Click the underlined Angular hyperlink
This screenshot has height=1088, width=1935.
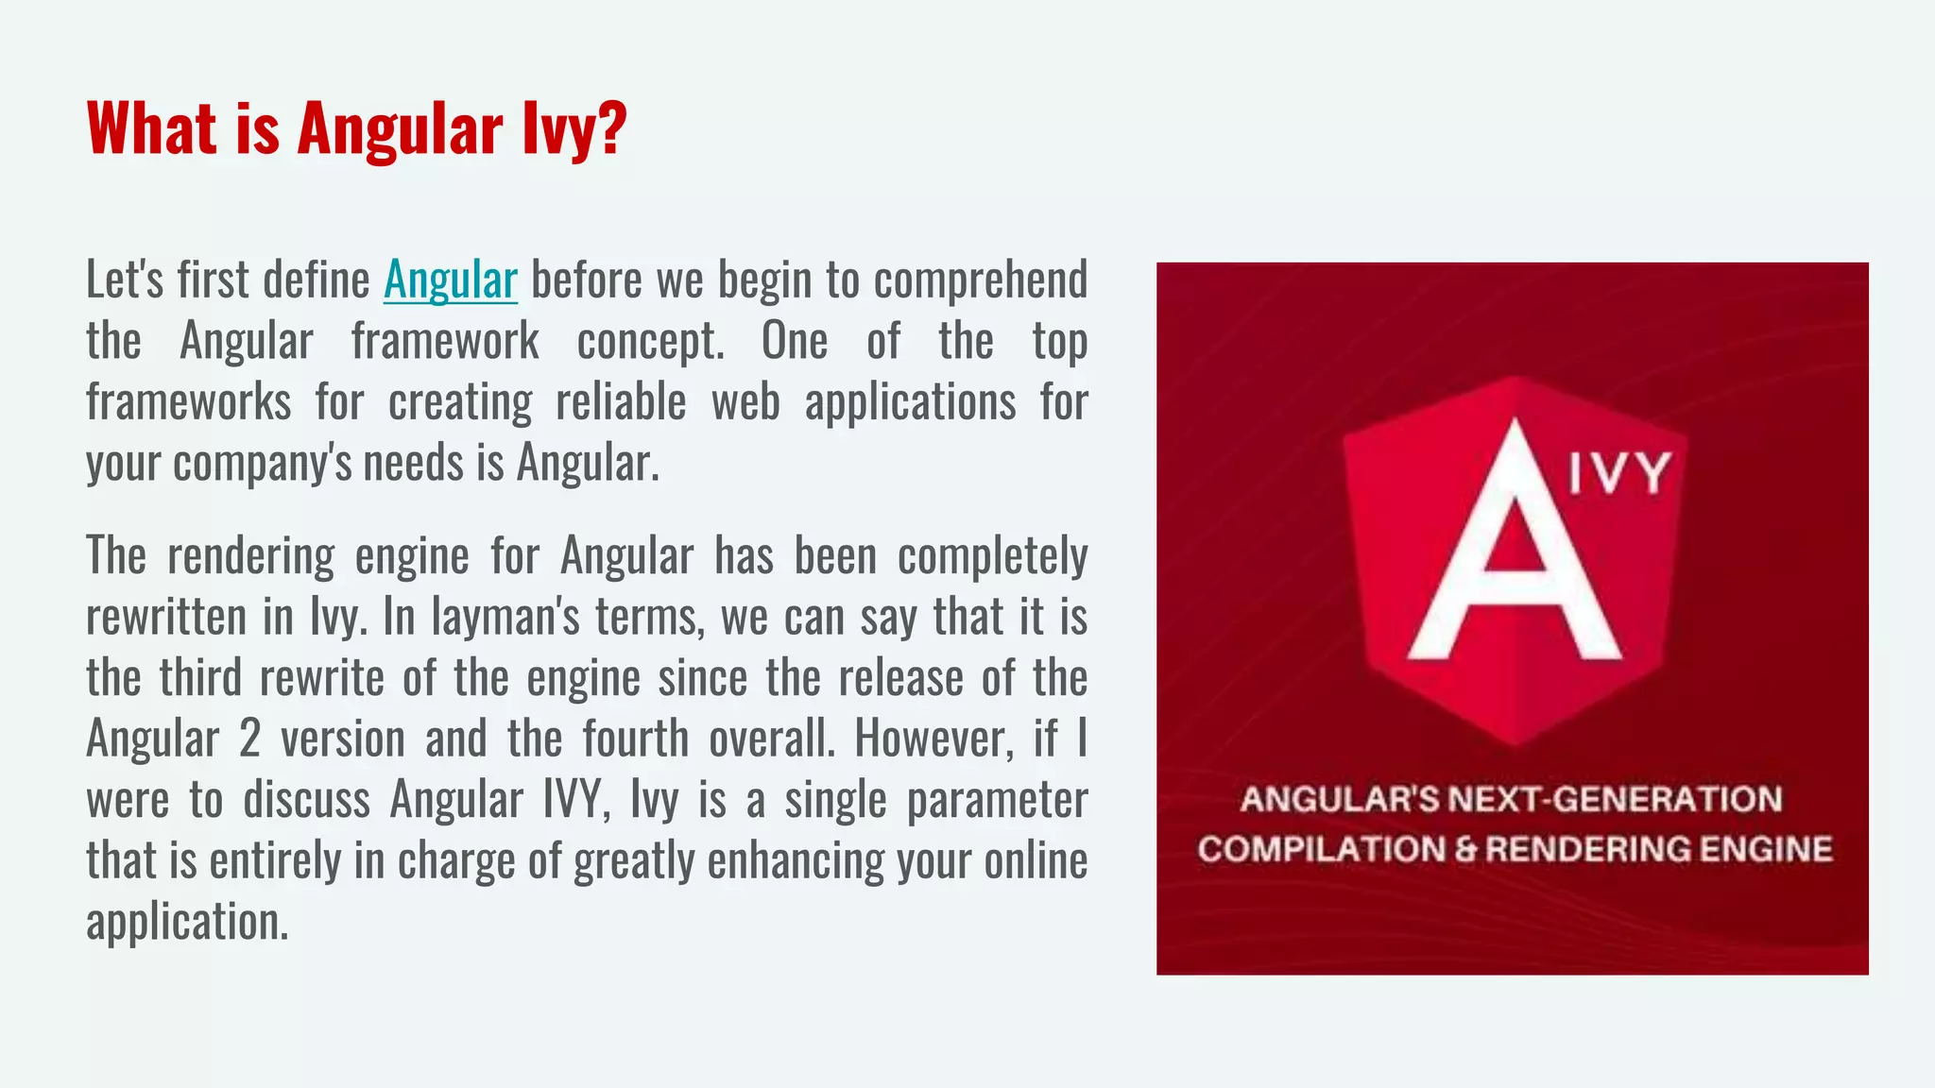coord(450,280)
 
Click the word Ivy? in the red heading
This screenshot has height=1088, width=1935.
coord(574,128)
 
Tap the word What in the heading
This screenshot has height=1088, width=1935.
coord(150,128)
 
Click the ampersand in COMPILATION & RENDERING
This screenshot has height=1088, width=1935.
coord(1465,849)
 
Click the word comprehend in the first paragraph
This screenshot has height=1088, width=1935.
coord(981,280)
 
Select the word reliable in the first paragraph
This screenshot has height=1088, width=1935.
coord(621,402)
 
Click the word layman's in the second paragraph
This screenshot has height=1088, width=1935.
coord(505,617)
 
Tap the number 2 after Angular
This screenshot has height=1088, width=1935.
coord(249,739)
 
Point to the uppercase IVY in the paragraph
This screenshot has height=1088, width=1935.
coord(573,800)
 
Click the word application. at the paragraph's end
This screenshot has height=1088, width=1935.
coord(187,922)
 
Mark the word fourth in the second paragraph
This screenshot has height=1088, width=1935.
coord(635,739)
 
